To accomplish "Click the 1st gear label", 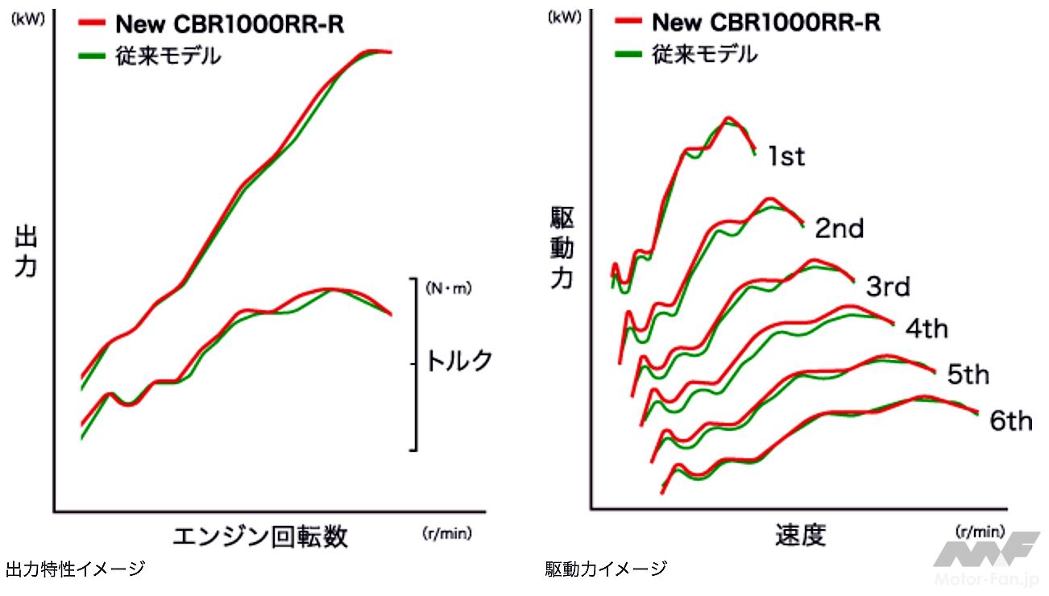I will point(786,155).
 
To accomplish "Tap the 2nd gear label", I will point(839,229).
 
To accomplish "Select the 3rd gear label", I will point(888,286).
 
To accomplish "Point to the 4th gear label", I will point(927,329).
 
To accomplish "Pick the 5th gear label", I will point(967,375).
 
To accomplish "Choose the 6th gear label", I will point(1010,420).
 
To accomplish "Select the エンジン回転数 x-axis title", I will point(260,536).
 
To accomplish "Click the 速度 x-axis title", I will point(801,535).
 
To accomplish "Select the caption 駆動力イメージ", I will point(606,570).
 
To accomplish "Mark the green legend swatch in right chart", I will point(628,54).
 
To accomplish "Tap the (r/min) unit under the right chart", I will point(979,531).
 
